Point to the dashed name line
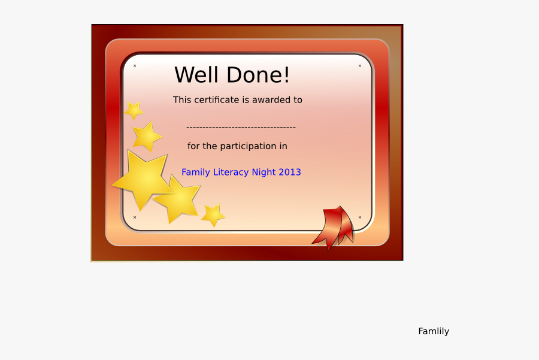(241, 127)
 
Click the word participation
(248, 146)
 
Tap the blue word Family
(196, 173)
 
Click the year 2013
(290, 173)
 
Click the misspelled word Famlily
(434, 331)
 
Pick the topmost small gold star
(134, 110)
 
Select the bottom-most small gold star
(213, 214)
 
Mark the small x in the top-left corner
(135, 66)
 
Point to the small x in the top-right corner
(360, 66)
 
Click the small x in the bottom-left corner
(135, 217)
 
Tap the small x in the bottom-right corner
(360, 217)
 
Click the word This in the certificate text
(182, 100)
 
